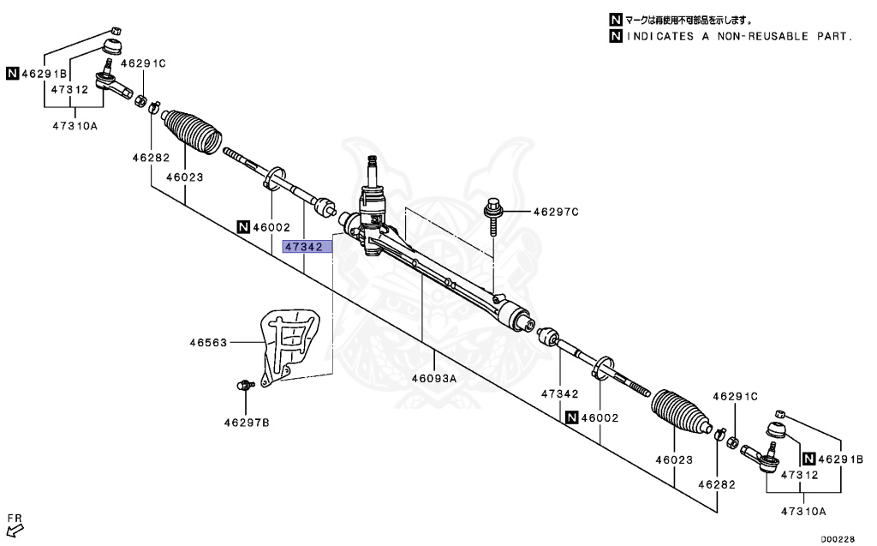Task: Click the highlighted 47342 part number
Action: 303,247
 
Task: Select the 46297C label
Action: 556,211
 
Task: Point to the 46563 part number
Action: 208,343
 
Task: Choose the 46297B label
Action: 247,422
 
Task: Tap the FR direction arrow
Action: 14,525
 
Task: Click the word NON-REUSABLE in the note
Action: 731,37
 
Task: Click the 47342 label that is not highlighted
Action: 559,394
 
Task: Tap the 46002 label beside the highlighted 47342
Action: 271,228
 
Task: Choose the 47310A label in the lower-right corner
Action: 802,511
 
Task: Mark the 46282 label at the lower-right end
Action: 716,483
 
